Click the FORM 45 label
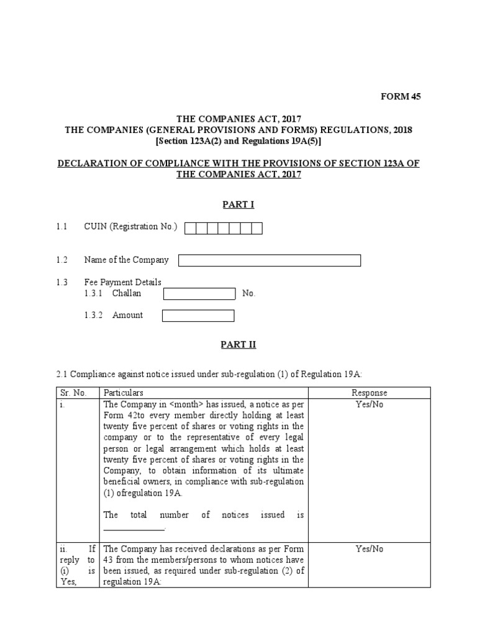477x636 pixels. (x=401, y=96)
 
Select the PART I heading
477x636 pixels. (x=238, y=205)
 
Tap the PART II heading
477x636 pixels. (x=238, y=345)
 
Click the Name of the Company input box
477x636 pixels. (x=270, y=260)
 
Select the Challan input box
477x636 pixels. (x=199, y=294)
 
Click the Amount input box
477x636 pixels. (x=198, y=316)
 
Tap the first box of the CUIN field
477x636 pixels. (x=191, y=229)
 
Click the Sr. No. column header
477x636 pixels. (x=74, y=393)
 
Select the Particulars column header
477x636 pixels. (x=124, y=393)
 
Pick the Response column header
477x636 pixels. (x=369, y=393)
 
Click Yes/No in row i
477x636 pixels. (x=369, y=404)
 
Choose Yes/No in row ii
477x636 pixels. (x=369, y=548)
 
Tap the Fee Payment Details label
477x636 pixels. (x=122, y=282)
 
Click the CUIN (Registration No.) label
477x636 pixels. (x=130, y=227)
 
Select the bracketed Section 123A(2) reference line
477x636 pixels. (x=238, y=142)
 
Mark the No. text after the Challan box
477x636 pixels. (x=248, y=294)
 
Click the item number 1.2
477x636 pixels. (x=61, y=260)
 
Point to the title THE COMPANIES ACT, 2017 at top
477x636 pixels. (x=238, y=118)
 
